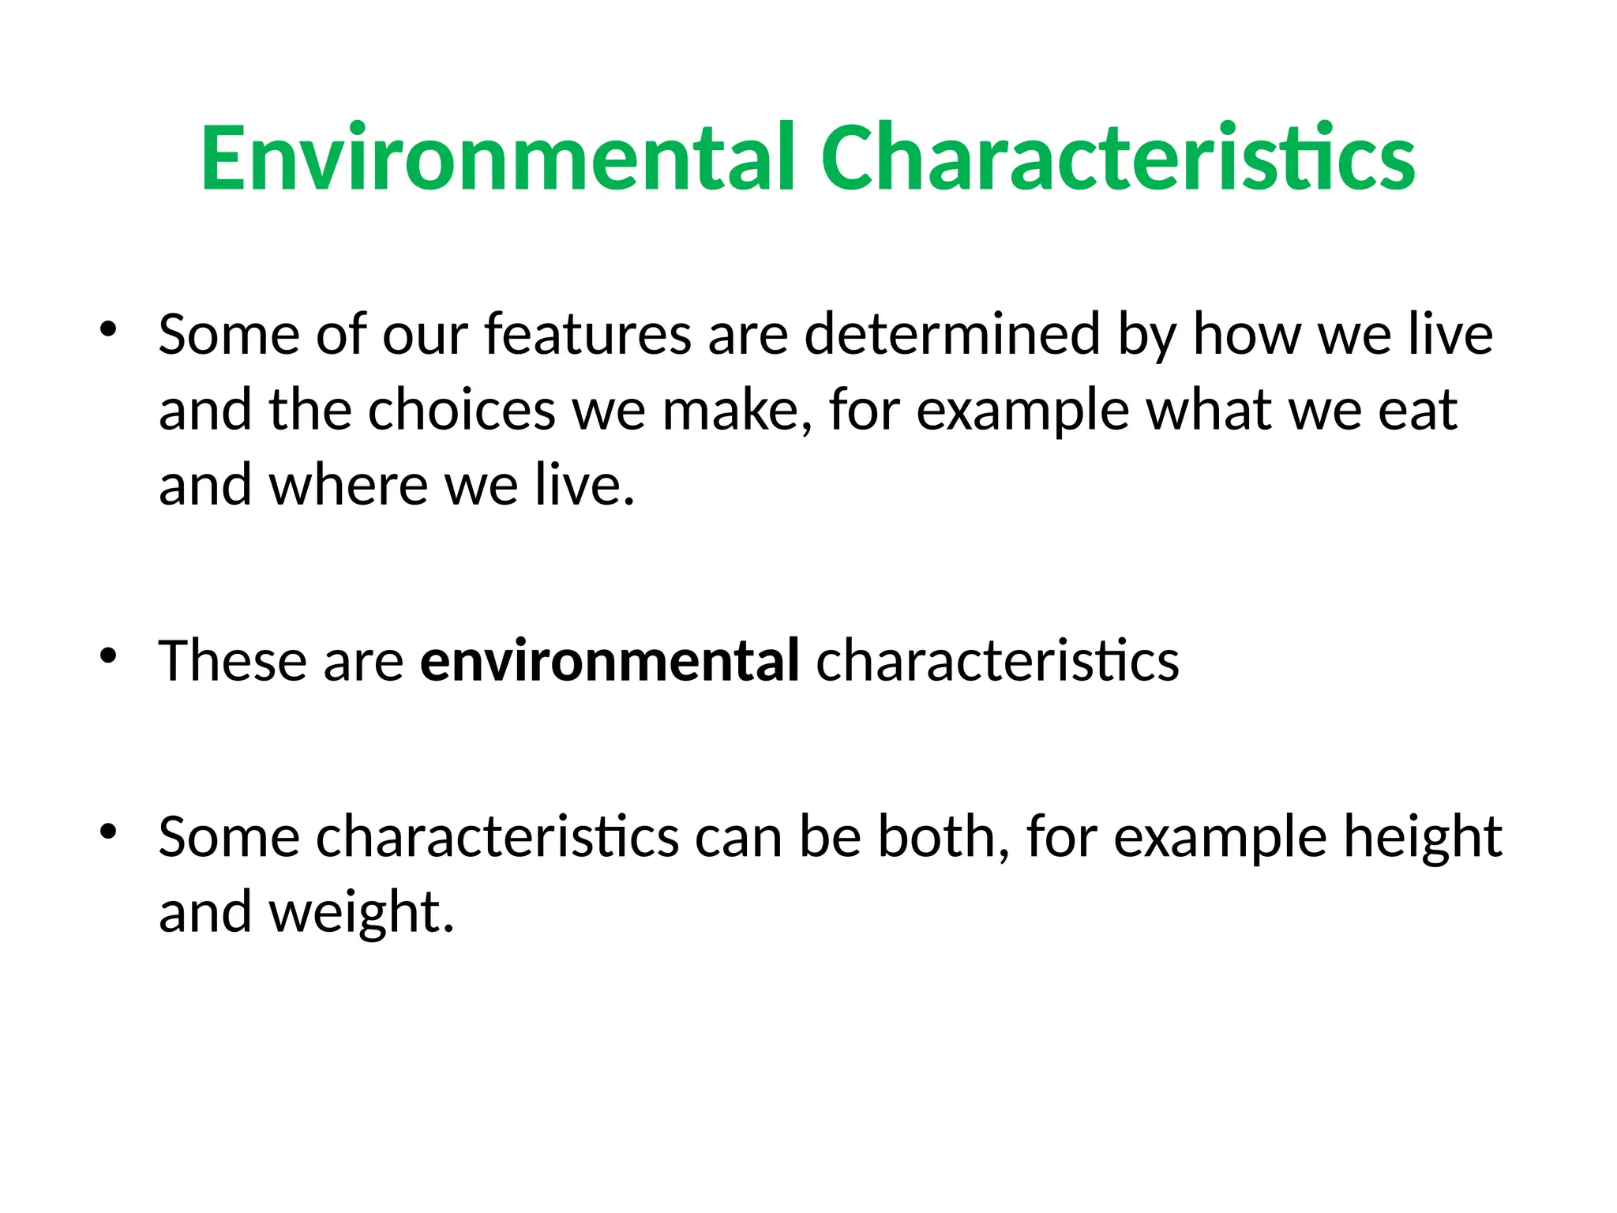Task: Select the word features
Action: click(x=588, y=334)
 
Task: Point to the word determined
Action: click(x=952, y=334)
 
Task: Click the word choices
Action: click(x=462, y=410)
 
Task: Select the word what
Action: click(x=1208, y=410)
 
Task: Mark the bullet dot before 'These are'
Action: click(x=108, y=655)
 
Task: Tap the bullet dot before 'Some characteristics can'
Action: click(x=108, y=831)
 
